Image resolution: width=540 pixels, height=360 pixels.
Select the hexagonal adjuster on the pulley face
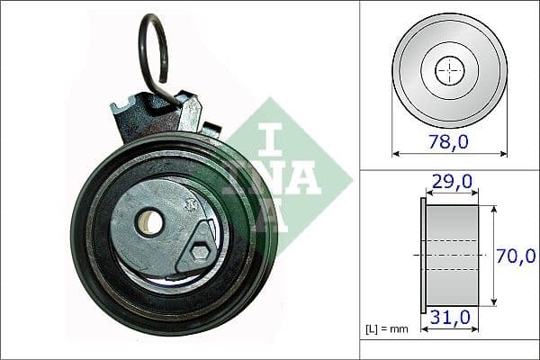pyautogui.click(x=199, y=253)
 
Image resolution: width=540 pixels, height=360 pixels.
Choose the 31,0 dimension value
pyautogui.click(x=450, y=318)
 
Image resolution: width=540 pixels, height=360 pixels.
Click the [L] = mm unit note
pyautogui.click(x=387, y=328)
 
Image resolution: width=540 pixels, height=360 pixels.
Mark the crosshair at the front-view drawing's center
pyautogui.click(x=448, y=69)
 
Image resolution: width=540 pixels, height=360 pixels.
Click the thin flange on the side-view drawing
pyautogui.click(x=423, y=255)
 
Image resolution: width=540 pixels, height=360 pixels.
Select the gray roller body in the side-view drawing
pyautogui.click(x=452, y=255)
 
